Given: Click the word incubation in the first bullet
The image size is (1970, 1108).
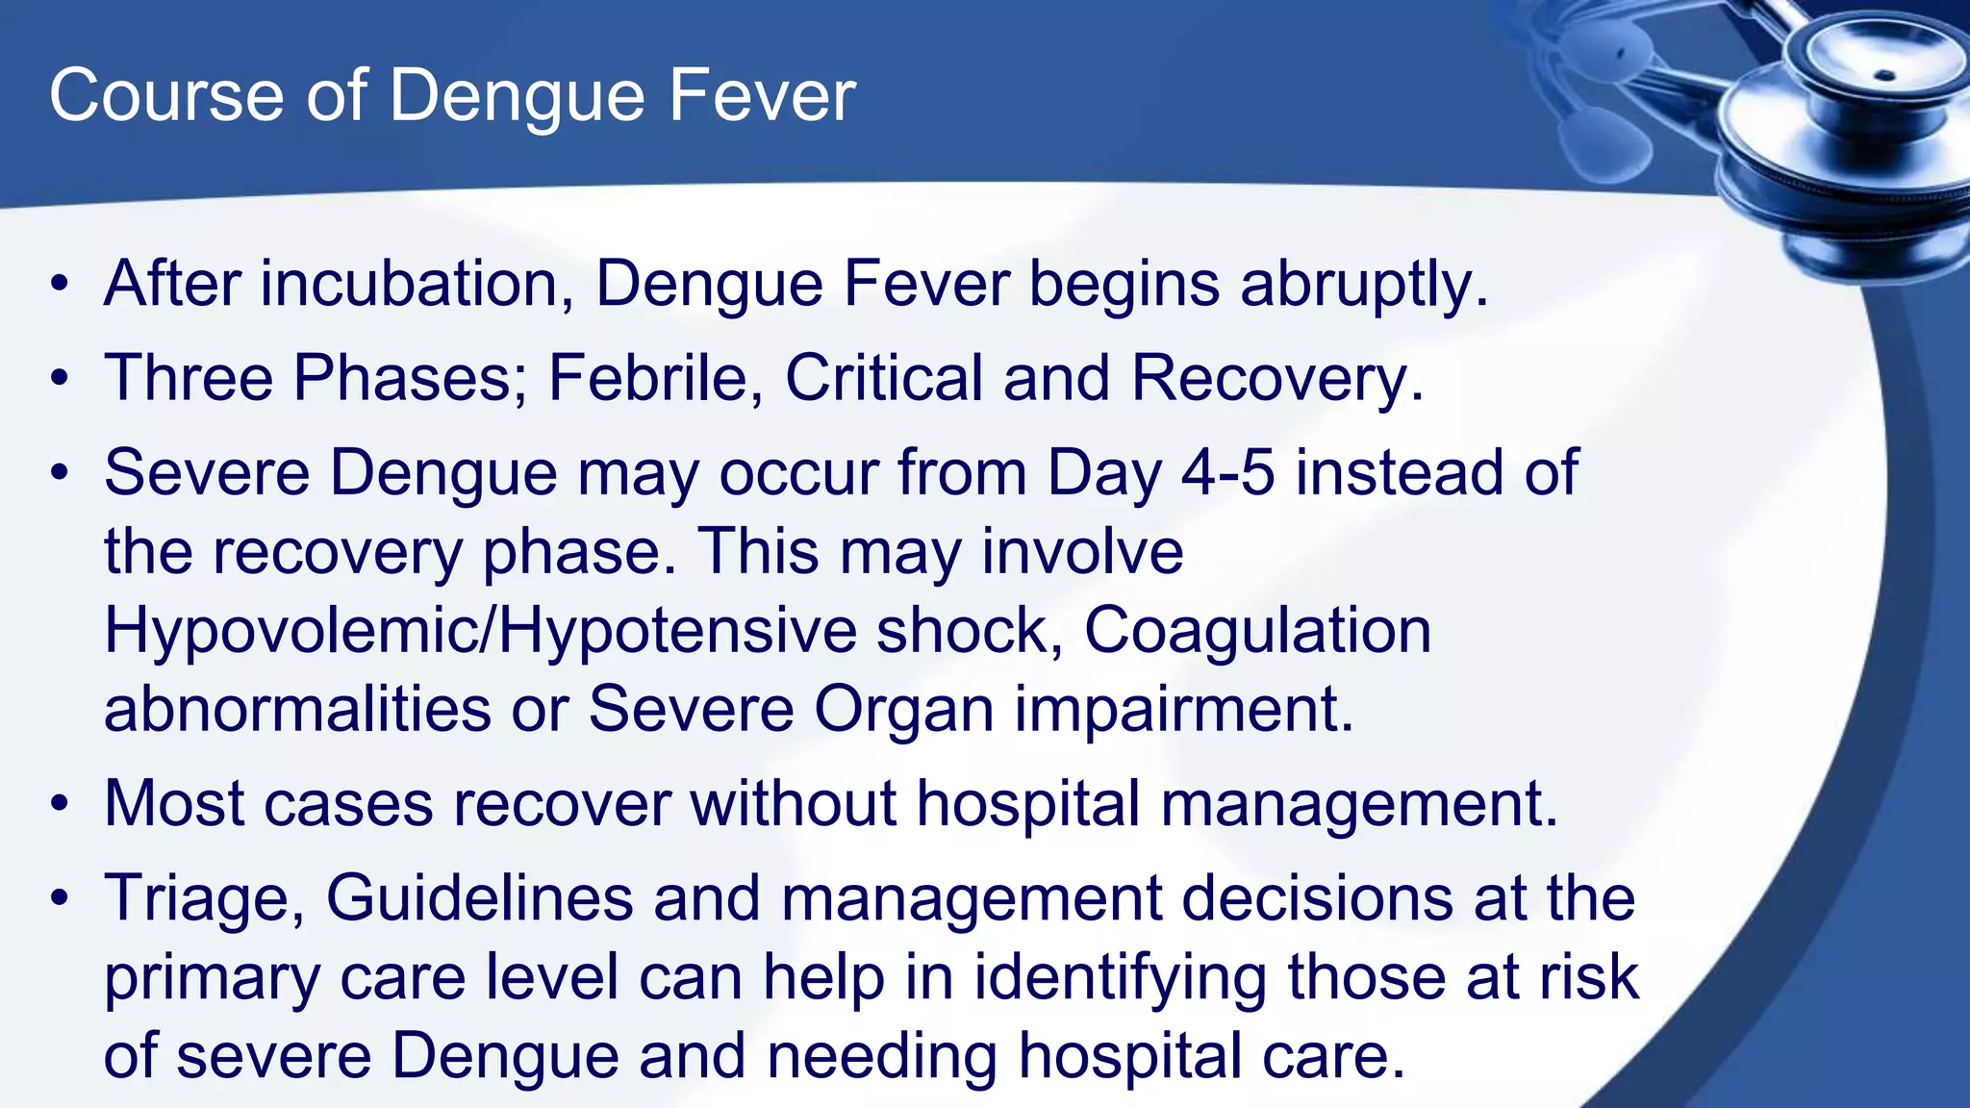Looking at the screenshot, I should click(410, 285).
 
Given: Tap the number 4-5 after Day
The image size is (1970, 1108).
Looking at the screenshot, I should click(1227, 473).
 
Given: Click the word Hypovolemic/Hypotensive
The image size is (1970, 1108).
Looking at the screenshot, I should click(479, 632).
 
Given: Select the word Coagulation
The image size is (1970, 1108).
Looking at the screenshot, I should click(1257, 632).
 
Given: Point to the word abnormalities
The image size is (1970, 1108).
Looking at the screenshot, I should click(297, 710).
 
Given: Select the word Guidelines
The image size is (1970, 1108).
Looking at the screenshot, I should click(479, 897).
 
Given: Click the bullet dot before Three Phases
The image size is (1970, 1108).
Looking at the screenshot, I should click(61, 378).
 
